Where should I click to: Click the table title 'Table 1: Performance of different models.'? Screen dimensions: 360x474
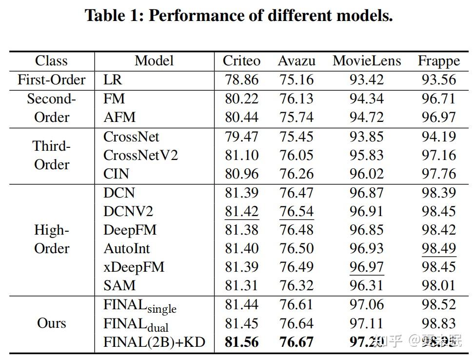point(238,16)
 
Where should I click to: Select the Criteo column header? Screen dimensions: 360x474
point(241,61)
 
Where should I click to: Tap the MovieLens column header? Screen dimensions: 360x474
point(366,61)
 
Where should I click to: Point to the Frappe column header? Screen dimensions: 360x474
point(438,61)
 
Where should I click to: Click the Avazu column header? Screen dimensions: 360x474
point(296,61)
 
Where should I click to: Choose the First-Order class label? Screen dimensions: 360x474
point(51,80)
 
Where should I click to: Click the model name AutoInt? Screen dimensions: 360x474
point(127,248)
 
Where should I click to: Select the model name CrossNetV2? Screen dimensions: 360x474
point(140,155)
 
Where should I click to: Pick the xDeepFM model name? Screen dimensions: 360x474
point(134,267)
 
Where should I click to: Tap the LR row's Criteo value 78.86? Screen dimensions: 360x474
point(241,80)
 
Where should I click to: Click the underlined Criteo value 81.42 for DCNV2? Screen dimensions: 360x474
point(241,211)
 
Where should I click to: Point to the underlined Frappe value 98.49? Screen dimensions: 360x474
point(438,248)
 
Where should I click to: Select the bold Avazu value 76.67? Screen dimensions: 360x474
point(296,342)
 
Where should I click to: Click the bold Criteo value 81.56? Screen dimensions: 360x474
point(241,342)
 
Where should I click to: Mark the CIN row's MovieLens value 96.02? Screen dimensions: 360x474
point(366,174)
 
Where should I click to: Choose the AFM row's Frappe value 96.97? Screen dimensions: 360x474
point(438,117)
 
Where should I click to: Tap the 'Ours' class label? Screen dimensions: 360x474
point(51,323)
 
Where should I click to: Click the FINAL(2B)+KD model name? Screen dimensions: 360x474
point(154,342)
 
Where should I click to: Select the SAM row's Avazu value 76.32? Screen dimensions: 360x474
point(296,285)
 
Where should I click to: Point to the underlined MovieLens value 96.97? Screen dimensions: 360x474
point(366,267)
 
